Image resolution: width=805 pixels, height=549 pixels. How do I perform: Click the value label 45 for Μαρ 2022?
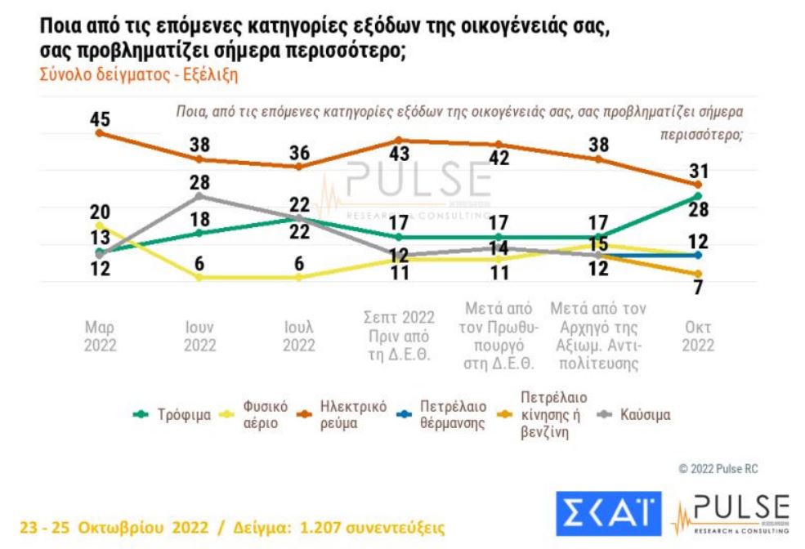[x=100, y=120]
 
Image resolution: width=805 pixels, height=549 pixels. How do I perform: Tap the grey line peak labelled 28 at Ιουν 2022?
[x=199, y=196]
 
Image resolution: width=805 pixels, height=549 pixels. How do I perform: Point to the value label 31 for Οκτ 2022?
[x=698, y=172]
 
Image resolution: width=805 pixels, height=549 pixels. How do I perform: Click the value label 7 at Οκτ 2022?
[x=698, y=288]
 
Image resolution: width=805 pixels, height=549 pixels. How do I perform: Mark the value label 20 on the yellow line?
[x=99, y=211]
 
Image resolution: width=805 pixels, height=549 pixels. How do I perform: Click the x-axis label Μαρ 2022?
[x=100, y=337]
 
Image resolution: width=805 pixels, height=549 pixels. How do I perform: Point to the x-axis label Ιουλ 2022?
[x=299, y=337]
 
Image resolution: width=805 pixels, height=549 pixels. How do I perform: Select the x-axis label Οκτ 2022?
[x=698, y=337]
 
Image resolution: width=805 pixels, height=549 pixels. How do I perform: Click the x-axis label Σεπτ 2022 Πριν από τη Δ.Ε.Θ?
[x=399, y=336]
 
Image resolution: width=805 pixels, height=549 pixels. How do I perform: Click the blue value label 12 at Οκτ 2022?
[x=698, y=242]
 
